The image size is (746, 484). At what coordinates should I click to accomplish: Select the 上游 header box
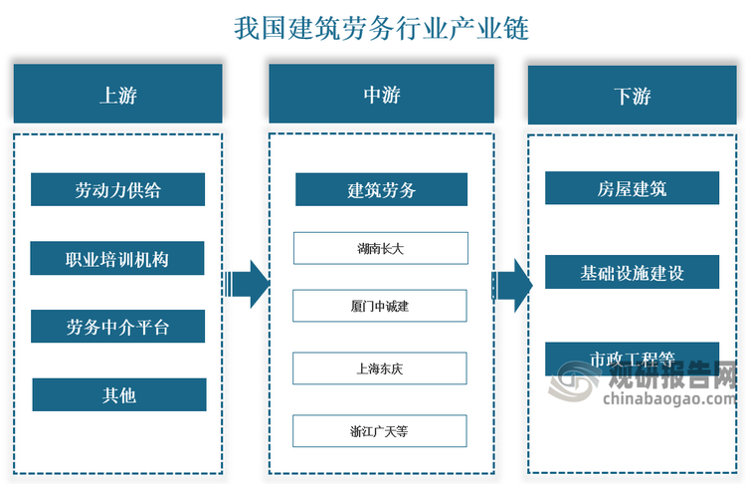(x=117, y=95)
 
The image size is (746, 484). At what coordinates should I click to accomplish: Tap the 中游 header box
(x=381, y=95)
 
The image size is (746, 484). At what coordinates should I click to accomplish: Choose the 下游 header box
(x=632, y=96)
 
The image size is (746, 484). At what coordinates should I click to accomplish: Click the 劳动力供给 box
(x=117, y=190)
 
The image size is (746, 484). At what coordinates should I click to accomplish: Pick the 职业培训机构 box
(x=117, y=259)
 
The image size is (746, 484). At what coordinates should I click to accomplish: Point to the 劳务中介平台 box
(x=117, y=327)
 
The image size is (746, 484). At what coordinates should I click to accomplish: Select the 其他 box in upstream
(x=118, y=395)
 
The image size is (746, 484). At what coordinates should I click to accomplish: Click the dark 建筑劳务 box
(x=381, y=190)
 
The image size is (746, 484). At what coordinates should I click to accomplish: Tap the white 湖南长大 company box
(x=380, y=248)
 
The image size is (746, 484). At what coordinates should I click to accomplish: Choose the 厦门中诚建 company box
(x=380, y=306)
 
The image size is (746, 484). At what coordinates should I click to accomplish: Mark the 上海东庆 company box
(x=380, y=368)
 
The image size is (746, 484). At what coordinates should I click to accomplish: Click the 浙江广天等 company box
(x=380, y=431)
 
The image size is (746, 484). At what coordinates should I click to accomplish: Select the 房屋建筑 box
(x=632, y=188)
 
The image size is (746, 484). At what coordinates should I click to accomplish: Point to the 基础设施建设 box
(x=632, y=272)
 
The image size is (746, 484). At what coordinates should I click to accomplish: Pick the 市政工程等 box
(x=632, y=358)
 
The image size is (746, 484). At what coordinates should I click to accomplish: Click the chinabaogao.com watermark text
(x=666, y=400)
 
